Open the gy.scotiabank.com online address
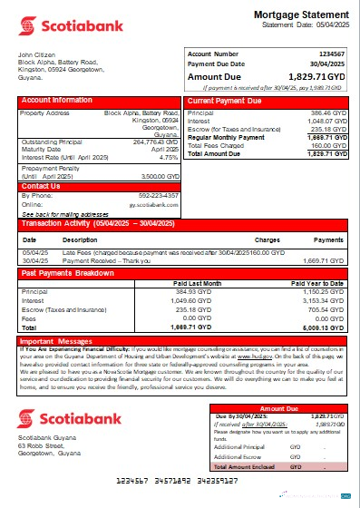tap(155, 205)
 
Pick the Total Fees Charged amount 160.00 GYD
tap(328, 145)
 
